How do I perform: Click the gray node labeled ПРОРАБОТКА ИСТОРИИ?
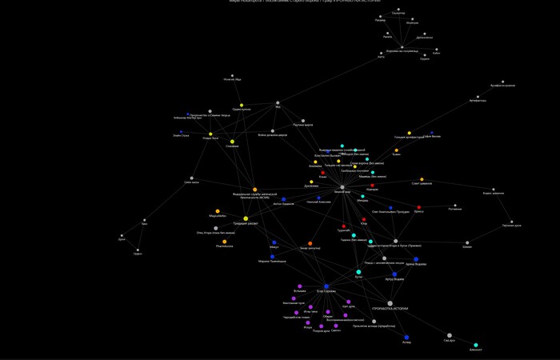tap(390, 303)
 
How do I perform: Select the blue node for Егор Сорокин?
tap(326, 286)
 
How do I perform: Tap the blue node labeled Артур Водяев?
tap(394, 274)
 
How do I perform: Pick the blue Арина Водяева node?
tap(415, 259)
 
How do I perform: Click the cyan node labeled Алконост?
tap(476, 345)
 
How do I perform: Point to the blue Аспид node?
tap(406, 338)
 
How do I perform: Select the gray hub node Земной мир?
tap(342, 187)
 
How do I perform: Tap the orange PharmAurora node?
tap(224, 242)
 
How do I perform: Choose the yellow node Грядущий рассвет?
tap(246, 218)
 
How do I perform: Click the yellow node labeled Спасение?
tap(232, 141)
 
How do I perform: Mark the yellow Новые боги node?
tap(210, 134)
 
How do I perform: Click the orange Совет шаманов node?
tap(422, 179)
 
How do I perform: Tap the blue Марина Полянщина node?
tap(272, 257)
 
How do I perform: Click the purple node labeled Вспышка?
tap(300, 286)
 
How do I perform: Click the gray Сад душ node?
tap(449, 335)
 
